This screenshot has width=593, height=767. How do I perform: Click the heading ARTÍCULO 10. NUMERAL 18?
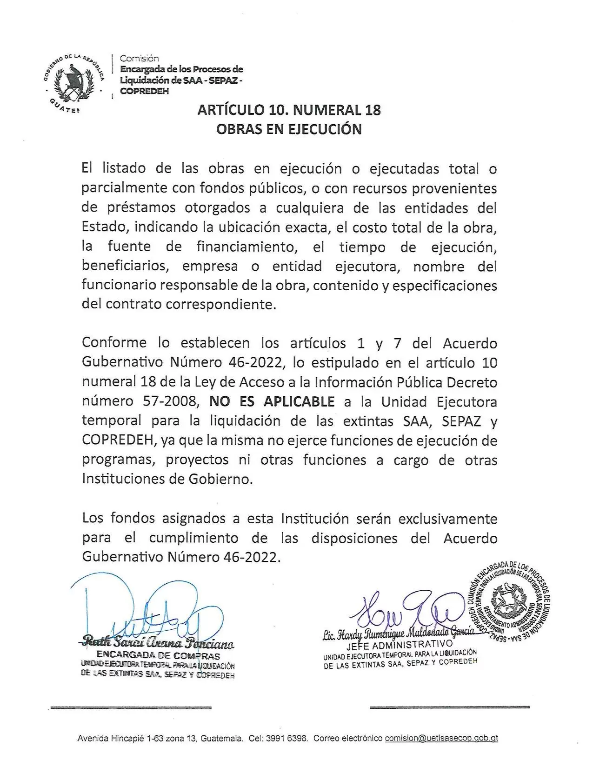tap(289, 110)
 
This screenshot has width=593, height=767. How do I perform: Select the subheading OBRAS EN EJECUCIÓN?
tap(289, 129)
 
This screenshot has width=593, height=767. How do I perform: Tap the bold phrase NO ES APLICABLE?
tap(272, 401)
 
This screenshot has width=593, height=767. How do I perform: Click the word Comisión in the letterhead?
tap(139, 59)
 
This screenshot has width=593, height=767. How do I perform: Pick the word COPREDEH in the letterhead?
tap(144, 91)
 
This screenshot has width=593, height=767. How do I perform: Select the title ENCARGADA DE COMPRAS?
tap(158, 656)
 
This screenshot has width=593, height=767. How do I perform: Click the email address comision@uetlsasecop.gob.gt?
tap(441, 738)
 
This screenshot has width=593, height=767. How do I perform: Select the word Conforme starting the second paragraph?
tap(114, 343)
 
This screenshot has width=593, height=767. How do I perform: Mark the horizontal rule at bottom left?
tap(131, 707)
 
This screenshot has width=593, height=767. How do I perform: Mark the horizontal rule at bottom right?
tap(450, 707)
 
